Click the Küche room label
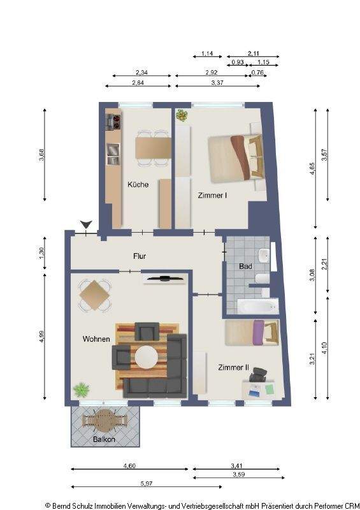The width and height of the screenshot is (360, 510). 138,184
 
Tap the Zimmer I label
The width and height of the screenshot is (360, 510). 212,195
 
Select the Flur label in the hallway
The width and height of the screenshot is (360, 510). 140,256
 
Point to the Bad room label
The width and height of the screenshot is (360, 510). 245,266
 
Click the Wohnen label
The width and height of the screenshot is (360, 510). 96,339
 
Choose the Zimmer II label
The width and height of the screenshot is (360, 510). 233,368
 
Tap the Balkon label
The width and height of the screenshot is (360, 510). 104,439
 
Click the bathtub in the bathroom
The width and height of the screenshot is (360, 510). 258,307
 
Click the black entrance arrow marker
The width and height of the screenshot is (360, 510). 86,224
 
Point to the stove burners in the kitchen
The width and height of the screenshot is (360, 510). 117,122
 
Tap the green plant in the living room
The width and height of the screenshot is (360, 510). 81,390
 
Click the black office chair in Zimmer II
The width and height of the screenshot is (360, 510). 259,375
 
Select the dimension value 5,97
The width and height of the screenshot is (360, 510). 147,483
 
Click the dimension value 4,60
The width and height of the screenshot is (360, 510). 129,466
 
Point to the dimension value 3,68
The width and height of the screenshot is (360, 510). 41,155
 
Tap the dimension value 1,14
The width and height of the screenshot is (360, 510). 207,54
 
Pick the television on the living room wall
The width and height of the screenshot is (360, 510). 164,278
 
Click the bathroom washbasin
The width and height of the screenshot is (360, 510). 264,256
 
